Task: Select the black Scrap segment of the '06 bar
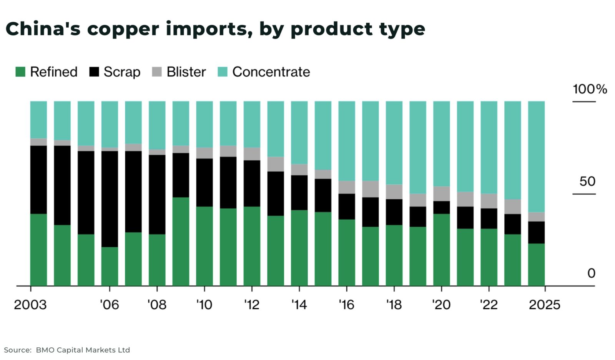coord(110,198)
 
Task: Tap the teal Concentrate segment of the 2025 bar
coord(536,156)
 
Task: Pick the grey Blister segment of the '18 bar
coord(394,192)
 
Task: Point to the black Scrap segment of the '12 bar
coord(252,183)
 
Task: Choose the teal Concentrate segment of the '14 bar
coord(299,132)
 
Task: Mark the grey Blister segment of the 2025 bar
coord(536,217)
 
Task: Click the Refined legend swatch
coord(20,72)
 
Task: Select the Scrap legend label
coord(122,72)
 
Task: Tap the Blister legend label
coord(186,72)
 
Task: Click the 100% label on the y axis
coord(589,89)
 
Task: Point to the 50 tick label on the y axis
coord(587,181)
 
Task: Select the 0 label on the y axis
coord(591,273)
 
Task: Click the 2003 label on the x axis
coord(30,305)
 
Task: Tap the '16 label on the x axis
coord(346,305)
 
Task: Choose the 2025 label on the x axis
coord(544,305)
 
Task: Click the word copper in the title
coord(123,29)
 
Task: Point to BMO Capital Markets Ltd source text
coord(83,350)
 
